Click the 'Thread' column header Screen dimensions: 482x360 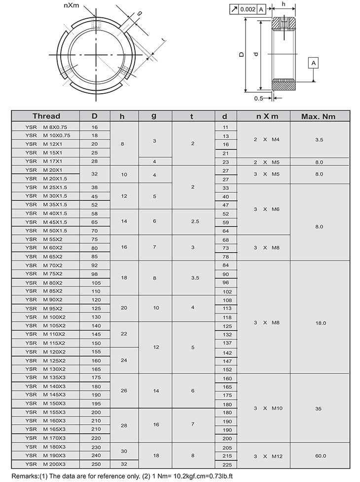(46, 116)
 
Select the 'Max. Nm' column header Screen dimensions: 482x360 (319, 116)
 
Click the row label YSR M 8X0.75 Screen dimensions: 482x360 (46, 127)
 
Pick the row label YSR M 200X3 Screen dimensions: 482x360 (46, 464)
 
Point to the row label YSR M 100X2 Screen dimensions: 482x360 (46, 317)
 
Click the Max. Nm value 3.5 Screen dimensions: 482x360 (319, 140)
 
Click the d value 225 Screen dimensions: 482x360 (227, 464)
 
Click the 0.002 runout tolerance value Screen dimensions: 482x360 (248, 9)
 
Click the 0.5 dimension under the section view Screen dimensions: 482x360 (259, 98)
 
